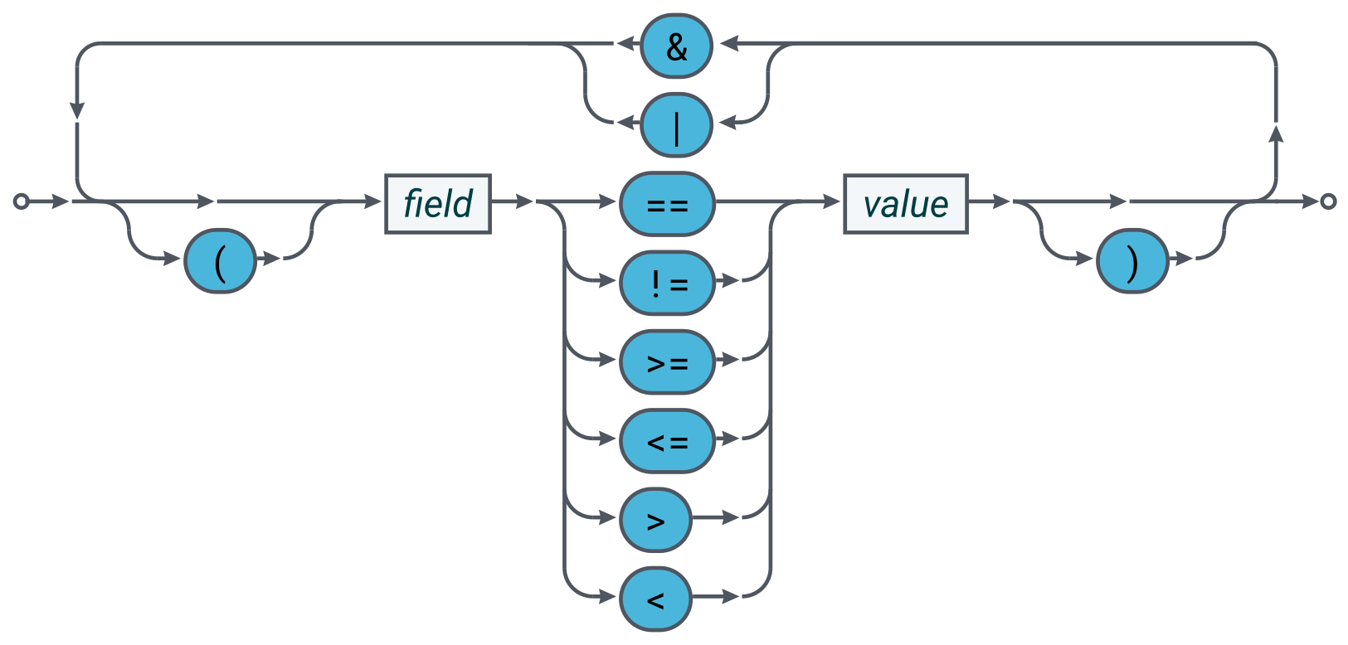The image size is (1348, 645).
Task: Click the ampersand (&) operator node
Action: (676, 46)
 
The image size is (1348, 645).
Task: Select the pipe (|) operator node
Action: (676, 125)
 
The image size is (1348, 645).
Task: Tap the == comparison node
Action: (668, 204)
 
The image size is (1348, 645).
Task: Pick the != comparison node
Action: (668, 283)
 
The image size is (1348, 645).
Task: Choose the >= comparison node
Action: (668, 361)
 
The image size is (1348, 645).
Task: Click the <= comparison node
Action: (668, 441)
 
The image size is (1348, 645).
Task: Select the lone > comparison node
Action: (655, 520)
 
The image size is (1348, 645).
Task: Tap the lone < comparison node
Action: (655, 599)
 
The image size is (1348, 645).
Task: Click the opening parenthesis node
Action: (221, 260)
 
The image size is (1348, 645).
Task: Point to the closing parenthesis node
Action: (1132, 260)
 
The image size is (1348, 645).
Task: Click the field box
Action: (438, 204)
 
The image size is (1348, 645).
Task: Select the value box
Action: (906, 204)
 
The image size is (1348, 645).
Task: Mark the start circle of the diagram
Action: (21, 201)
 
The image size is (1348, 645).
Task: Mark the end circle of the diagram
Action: (1329, 201)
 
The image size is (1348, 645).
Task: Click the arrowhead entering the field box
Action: (373, 201)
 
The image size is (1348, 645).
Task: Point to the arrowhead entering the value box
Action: (832, 201)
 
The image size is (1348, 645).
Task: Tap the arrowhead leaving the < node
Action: (731, 596)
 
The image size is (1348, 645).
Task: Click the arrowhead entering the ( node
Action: (172, 259)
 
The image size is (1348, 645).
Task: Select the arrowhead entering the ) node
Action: (1084, 259)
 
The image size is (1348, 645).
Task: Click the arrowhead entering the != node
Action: (608, 280)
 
